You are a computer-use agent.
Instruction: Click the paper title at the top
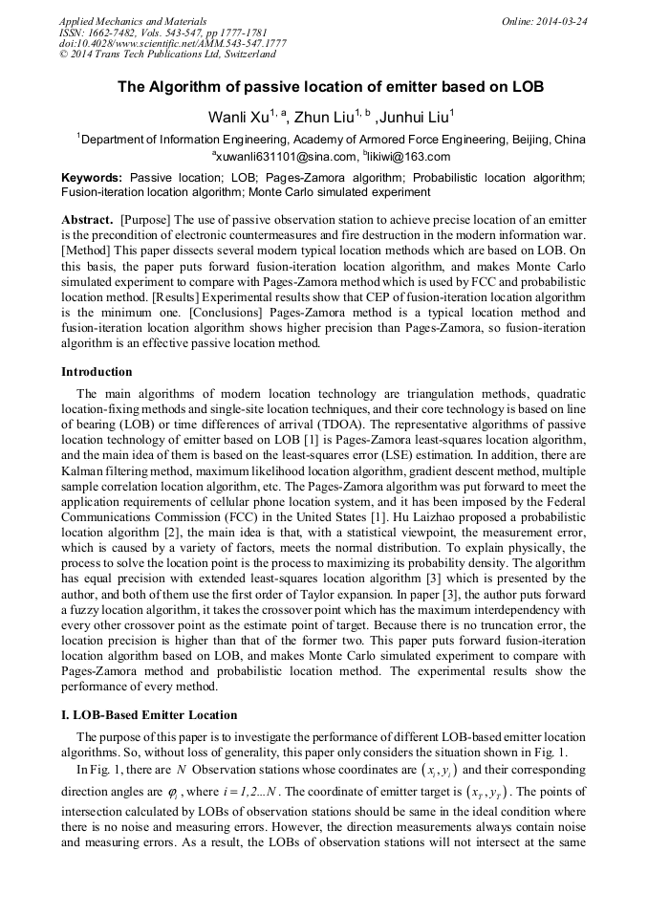coord(331,87)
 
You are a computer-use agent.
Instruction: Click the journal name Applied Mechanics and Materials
coord(133,21)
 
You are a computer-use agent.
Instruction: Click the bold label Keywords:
coord(92,178)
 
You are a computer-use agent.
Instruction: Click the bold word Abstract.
coord(87,219)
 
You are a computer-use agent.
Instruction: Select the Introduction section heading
coord(97,372)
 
